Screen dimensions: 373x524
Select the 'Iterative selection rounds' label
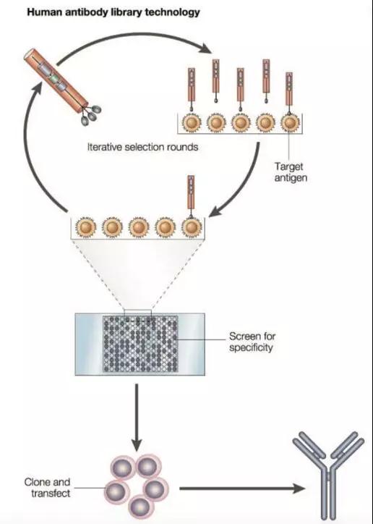143,147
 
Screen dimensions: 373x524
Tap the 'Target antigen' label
291,172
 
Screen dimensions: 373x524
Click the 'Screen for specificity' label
252,342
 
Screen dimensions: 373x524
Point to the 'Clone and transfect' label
48,488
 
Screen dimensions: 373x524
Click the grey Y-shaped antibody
328,476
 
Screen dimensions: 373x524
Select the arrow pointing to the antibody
242,489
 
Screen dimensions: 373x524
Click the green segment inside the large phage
53,79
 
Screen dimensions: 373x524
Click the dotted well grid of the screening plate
140,344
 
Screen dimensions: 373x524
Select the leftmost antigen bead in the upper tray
192,123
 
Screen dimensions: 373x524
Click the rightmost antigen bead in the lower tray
192,227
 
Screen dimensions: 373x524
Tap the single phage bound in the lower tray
191,197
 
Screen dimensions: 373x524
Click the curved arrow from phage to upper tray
134,35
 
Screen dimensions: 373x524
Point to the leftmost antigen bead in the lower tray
86,227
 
